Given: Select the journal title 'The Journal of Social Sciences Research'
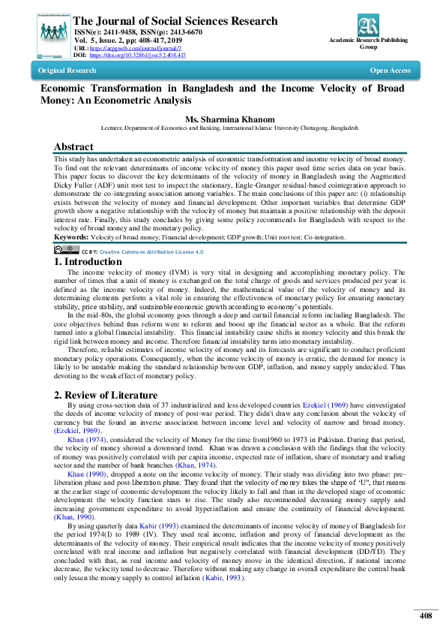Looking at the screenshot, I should tap(177, 22).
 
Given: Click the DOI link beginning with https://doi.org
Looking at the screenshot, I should tap(138, 55).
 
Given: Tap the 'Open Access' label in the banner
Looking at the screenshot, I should tap(390, 71).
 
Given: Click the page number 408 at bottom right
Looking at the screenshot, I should tap(426, 615).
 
